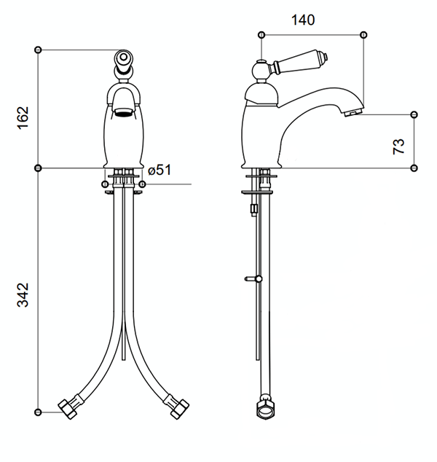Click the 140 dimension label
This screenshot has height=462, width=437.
pos(303,20)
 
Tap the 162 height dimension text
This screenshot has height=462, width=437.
pos(23,117)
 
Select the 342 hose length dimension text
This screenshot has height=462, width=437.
pos(23,295)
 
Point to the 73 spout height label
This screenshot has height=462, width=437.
pos(398,146)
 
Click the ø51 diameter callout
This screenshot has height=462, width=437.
pos(160,171)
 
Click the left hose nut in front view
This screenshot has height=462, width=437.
pos(68,409)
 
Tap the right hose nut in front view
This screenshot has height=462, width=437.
pos(180,409)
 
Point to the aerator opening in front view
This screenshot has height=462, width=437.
pos(124,112)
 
